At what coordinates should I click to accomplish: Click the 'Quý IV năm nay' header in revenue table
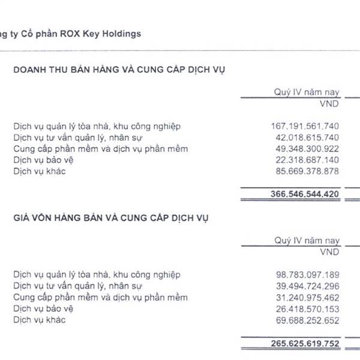click(x=307, y=92)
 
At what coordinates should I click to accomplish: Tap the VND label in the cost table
click(x=330, y=251)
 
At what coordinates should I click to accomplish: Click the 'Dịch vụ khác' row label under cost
click(x=39, y=320)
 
